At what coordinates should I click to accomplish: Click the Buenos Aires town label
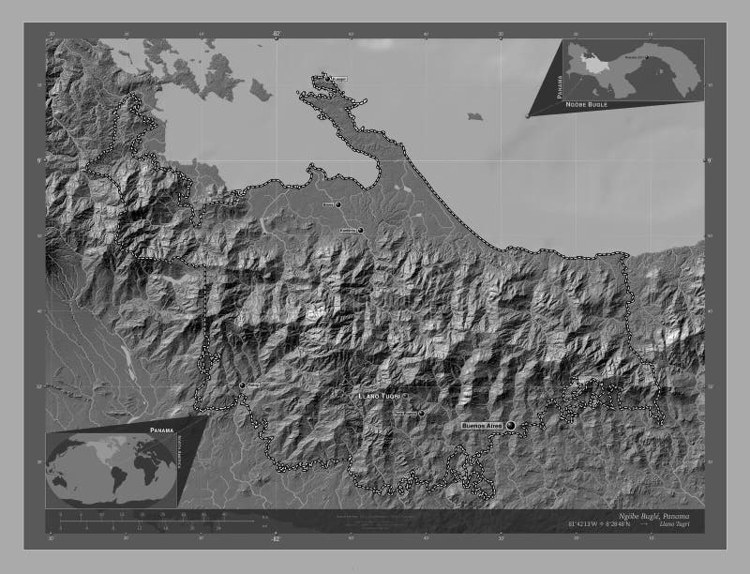(x=483, y=425)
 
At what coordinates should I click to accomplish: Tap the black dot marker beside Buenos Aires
(x=511, y=426)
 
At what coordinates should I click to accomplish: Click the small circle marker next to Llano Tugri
(x=421, y=413)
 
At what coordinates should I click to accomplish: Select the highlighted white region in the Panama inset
(x=592, y=63)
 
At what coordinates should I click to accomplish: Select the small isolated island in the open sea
(x=475, y=115)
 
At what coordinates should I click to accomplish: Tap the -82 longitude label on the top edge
(x=276, y=34)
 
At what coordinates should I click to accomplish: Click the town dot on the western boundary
(x=242, y=385)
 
